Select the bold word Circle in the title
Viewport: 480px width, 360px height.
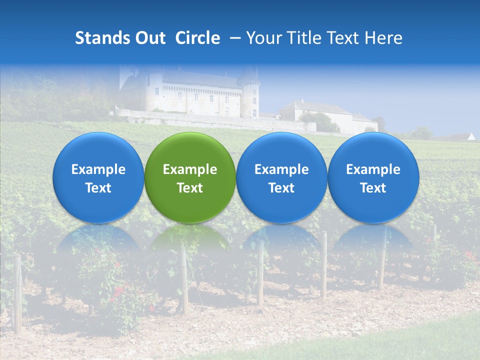(x=197, y=38)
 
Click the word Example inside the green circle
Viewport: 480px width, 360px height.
(x=190, y=169)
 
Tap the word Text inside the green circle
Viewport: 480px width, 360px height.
(x=190, y=188)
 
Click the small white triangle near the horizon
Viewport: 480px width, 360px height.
(x=470, y=136)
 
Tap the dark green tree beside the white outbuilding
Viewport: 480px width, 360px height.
(x=320, y=121)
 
